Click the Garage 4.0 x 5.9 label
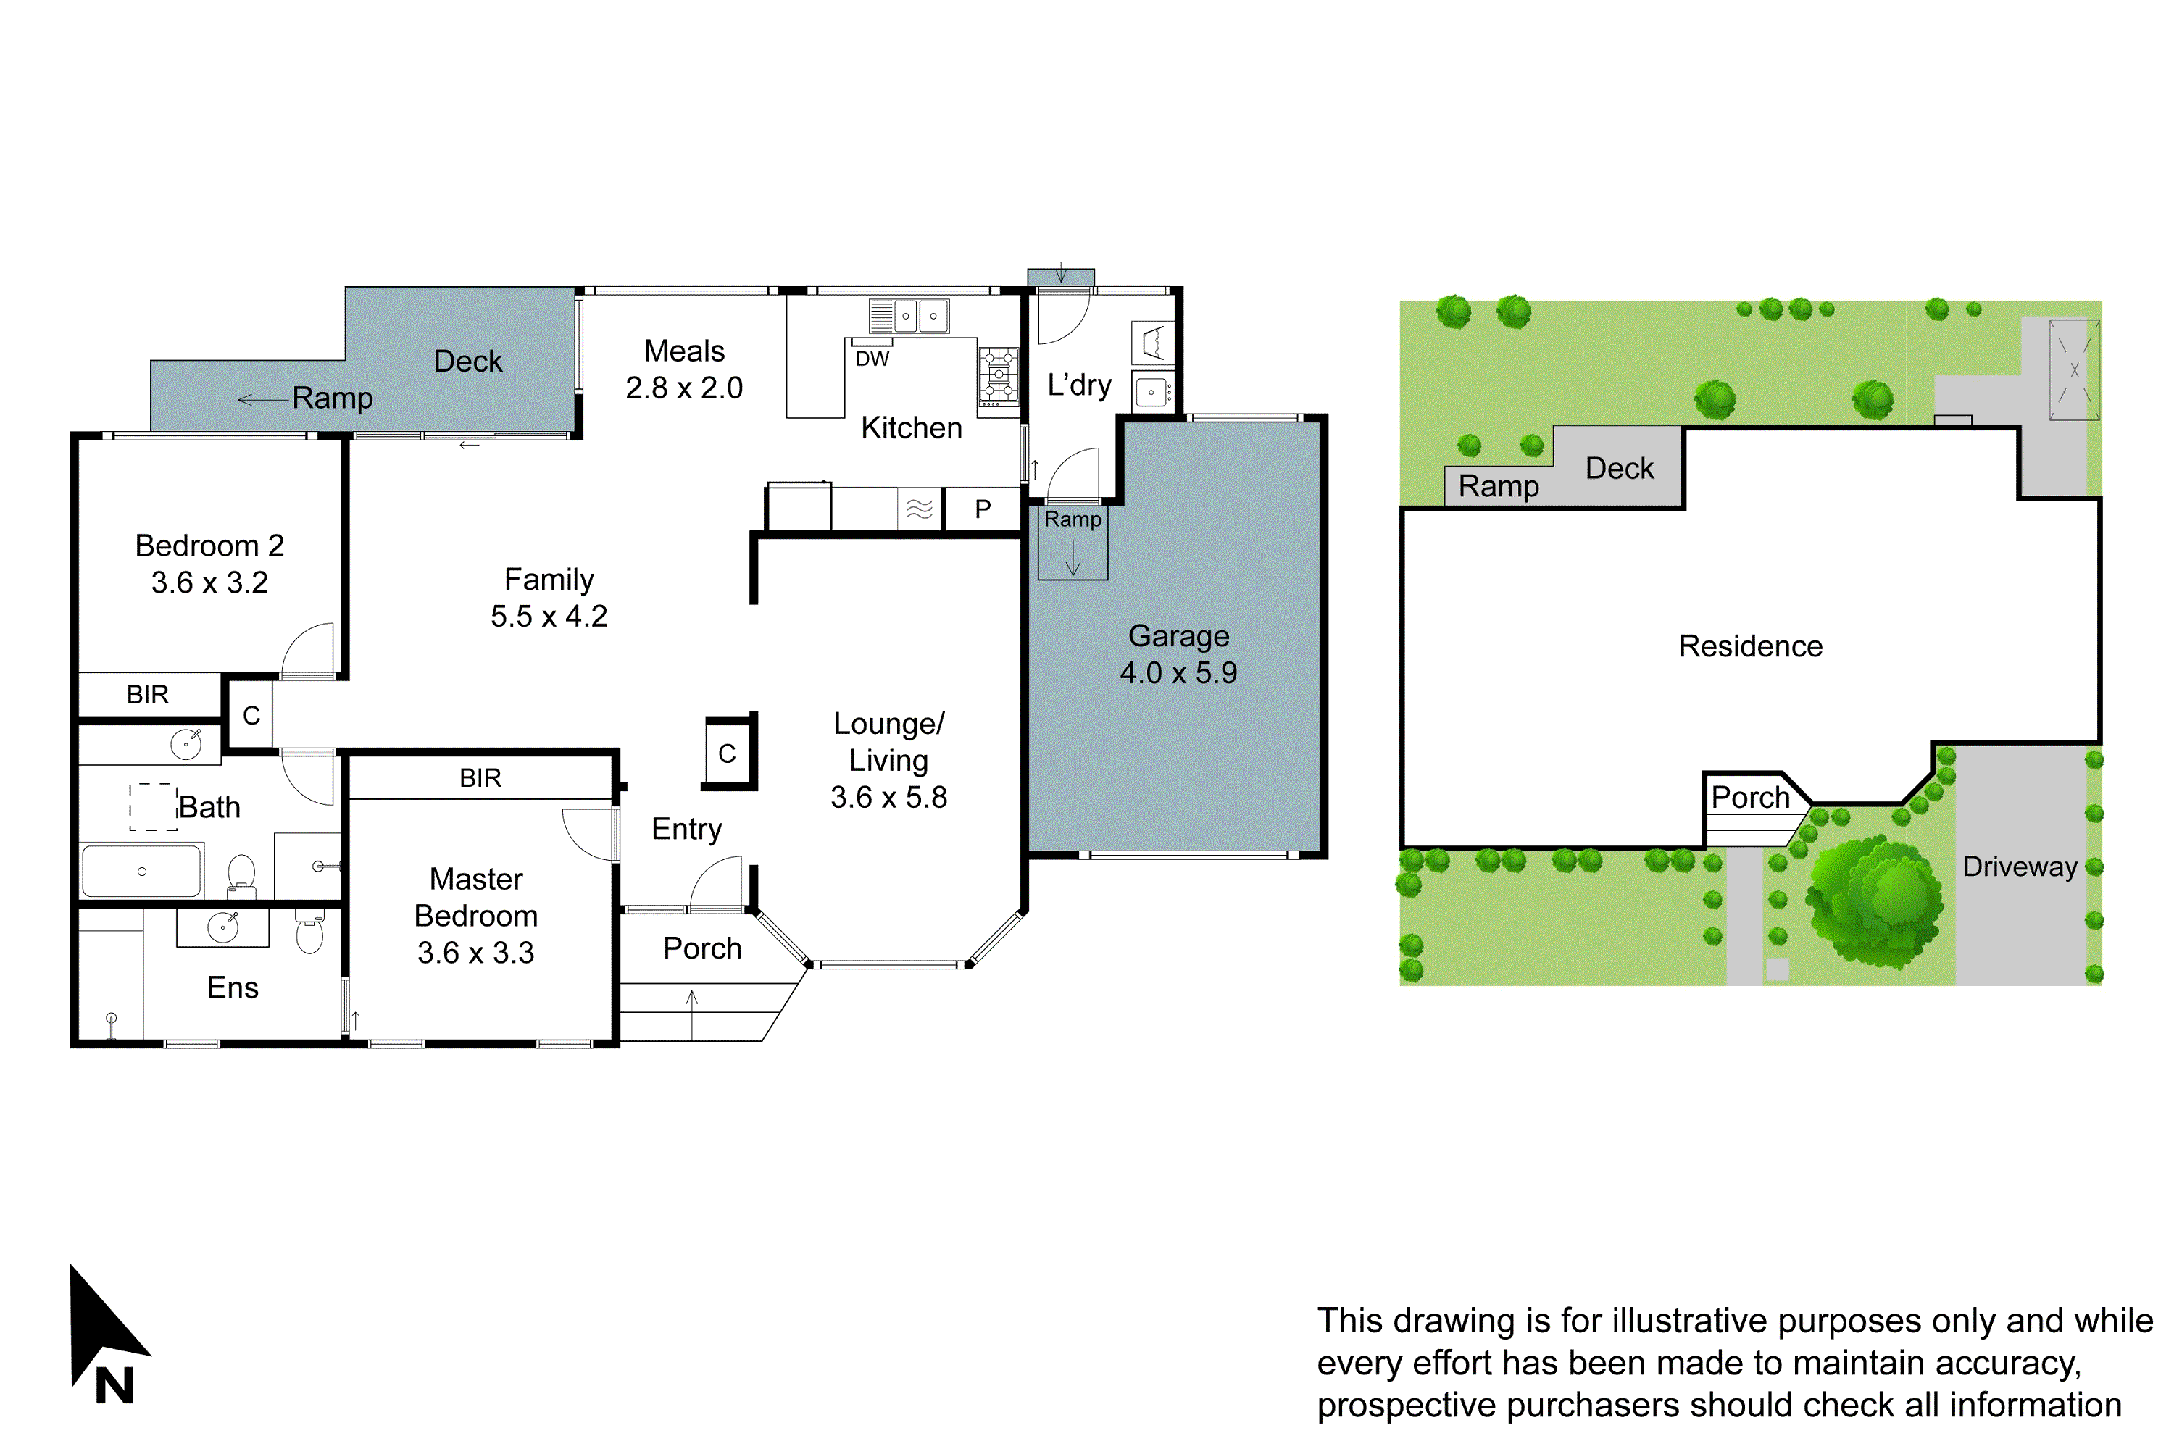coord(1178,654)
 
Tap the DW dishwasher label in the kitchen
coord(872,359)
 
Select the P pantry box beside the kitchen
coord(983,509)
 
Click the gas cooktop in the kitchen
coord(999,376)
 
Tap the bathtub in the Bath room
coord(141,871)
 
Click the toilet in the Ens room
coord(309,933)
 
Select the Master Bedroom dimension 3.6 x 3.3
coord(475,953)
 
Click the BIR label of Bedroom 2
coord(148,694)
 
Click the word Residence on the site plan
coord(1750,646)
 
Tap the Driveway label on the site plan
coord(2020,866)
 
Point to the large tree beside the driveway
coord(1873,901)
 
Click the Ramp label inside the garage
coord(1073,519)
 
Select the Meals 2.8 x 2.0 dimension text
coord(684,387)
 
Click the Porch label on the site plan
coord(1750,796)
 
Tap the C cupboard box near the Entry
coord(728,753)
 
